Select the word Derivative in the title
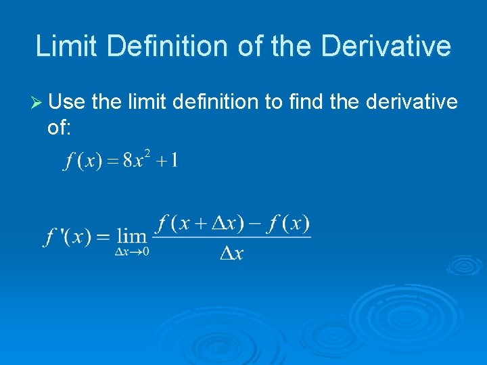(386, 46)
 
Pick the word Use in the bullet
(67, 102)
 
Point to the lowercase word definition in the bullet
(215, 102)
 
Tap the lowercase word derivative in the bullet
(411, 102)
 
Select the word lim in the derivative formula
(131, 236)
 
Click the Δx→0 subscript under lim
(132, 251)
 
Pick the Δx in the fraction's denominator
(231, 253)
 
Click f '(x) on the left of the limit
(68, 237)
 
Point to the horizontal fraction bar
(232, 237)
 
